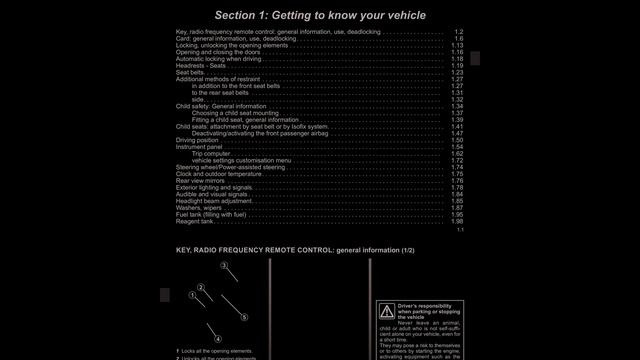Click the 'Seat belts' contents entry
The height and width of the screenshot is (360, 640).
[189, 73]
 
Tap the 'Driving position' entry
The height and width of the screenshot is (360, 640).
[197, 140]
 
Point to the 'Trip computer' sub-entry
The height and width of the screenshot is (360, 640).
[211, 153]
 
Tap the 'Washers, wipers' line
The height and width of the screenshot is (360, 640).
[199, 207]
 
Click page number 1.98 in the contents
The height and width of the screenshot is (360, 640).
[456, 221]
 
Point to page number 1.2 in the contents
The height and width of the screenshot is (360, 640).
[458, 32]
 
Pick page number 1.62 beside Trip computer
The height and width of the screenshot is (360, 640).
[456, 153]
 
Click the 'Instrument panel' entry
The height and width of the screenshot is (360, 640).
[199, 147]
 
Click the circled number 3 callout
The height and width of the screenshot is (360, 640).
[225, 265]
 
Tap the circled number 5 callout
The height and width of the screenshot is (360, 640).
[244, 317]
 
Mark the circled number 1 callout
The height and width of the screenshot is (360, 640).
[192, 296]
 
